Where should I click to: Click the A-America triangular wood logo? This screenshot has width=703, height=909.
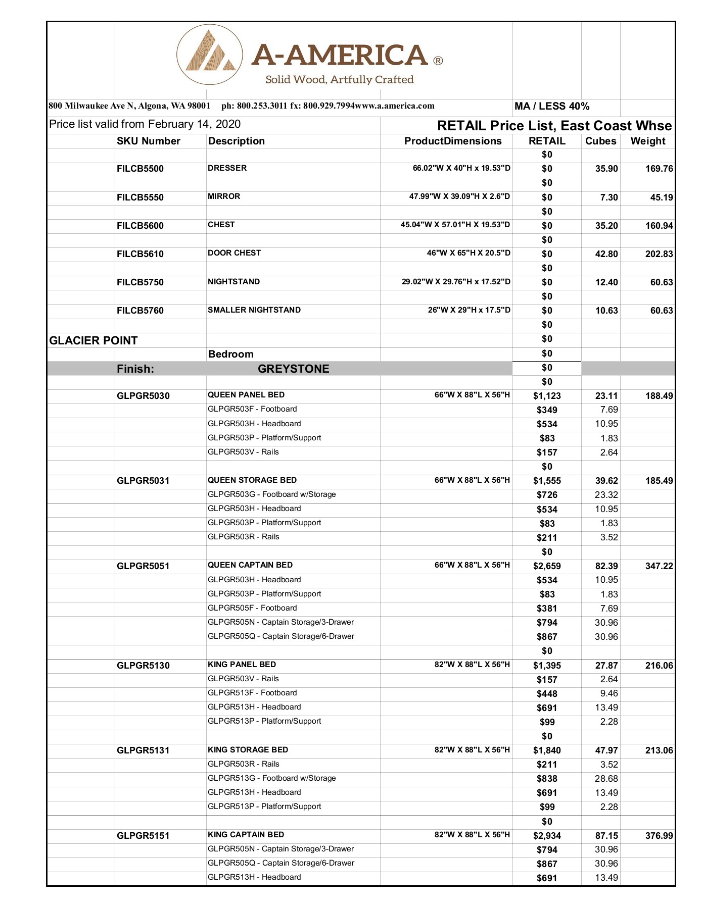click(x=210, y=55)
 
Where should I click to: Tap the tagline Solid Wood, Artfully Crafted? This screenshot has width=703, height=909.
click(x=339, y=79)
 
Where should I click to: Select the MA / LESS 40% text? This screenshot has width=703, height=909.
click(x=551, y=106)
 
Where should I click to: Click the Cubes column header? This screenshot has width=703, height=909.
click(x=600, y=141)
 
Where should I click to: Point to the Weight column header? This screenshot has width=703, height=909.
click(x=647, y=141)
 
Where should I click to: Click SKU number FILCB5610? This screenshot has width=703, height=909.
click(x=140, y=254)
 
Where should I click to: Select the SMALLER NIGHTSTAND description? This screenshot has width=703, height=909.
click(x=254, y=310)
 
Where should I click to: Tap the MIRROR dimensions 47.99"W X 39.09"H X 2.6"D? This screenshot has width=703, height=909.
click(x=459, y=196)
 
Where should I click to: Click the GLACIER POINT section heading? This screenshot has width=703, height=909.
click(x=93, y=340)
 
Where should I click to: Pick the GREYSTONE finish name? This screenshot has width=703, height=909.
click(x=293, y=369)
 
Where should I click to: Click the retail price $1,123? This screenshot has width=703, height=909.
click(x=547, y=396)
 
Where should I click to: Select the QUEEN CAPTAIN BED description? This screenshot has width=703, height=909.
click(x=250, y=565)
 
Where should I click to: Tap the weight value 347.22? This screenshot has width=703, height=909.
click(x=659, y=566)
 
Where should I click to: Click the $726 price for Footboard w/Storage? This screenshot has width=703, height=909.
click(x=547, y=495)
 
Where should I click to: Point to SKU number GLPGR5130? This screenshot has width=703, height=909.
click(x=143, y=666)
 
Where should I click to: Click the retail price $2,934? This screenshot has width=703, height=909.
click(x=547, y=836)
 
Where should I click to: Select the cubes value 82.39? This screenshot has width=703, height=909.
click(x=606, y=566)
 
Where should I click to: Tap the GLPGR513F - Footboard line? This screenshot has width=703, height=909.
click(x=252, y=693)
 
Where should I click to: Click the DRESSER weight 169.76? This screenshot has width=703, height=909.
click(x=659, y=169)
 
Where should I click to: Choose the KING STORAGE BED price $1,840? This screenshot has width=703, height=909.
click(x=547, y=750)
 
